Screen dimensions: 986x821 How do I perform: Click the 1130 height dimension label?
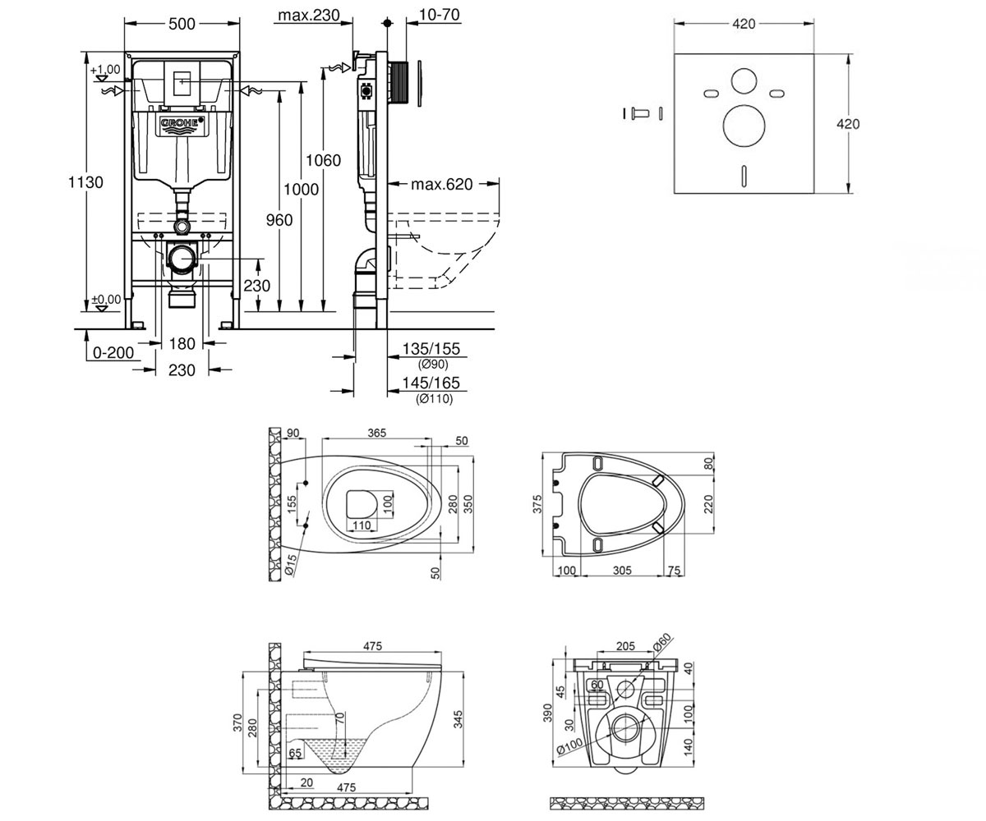[85, 182]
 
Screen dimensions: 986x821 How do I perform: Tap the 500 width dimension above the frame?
[182, 24]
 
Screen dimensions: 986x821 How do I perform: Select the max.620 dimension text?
[441, 184]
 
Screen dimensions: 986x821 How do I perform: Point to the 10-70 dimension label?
[439, 15]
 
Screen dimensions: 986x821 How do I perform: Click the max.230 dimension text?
[309, 15]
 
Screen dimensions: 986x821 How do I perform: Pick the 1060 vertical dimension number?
[323, 160]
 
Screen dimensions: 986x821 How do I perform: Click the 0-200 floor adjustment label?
[113, 352]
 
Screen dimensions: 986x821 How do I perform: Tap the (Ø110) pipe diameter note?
[435, 399]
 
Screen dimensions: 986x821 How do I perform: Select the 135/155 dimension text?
[431, 349]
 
